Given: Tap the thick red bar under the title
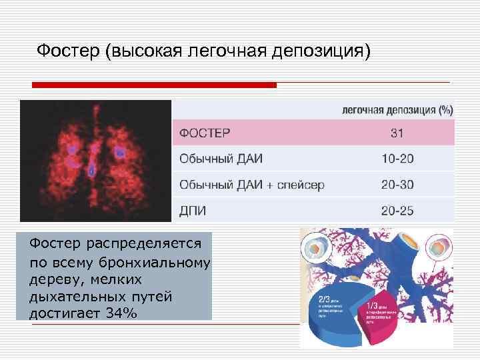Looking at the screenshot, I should click(x=155, y=85).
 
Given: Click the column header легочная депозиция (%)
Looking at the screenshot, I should click(x=397, y=109).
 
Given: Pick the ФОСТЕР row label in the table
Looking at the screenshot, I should click(x=205, y=133).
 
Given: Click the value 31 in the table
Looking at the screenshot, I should click(x=397, y=133).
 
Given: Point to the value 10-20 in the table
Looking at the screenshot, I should click(x=397, y=159).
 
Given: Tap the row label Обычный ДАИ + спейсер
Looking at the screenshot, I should click(x=251, y=185).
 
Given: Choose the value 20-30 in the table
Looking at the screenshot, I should click(x=397, y=185).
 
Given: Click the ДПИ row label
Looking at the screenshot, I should click(x=193, y=211).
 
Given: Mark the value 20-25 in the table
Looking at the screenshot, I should click(x=397, y=211).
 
